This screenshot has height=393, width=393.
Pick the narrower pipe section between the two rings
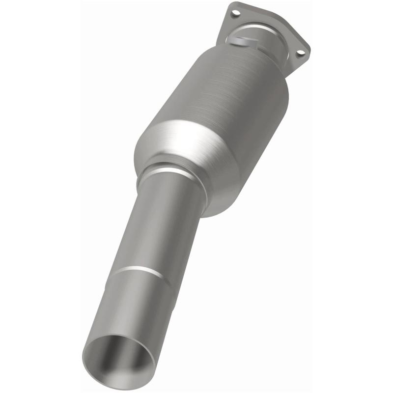pyautogui.click(x=157, y=221)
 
